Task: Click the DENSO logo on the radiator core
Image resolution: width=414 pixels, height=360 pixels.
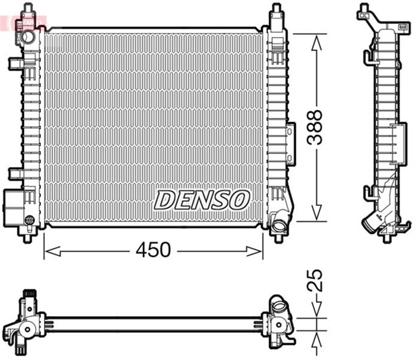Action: (201, 199)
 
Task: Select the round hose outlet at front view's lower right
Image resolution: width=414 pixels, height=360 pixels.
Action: (279, 226)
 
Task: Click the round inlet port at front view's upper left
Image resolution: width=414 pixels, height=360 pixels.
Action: (27, 38)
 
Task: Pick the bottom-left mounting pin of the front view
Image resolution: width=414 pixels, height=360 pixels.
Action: (27, 237)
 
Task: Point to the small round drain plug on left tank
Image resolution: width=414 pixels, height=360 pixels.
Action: (28, 220)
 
